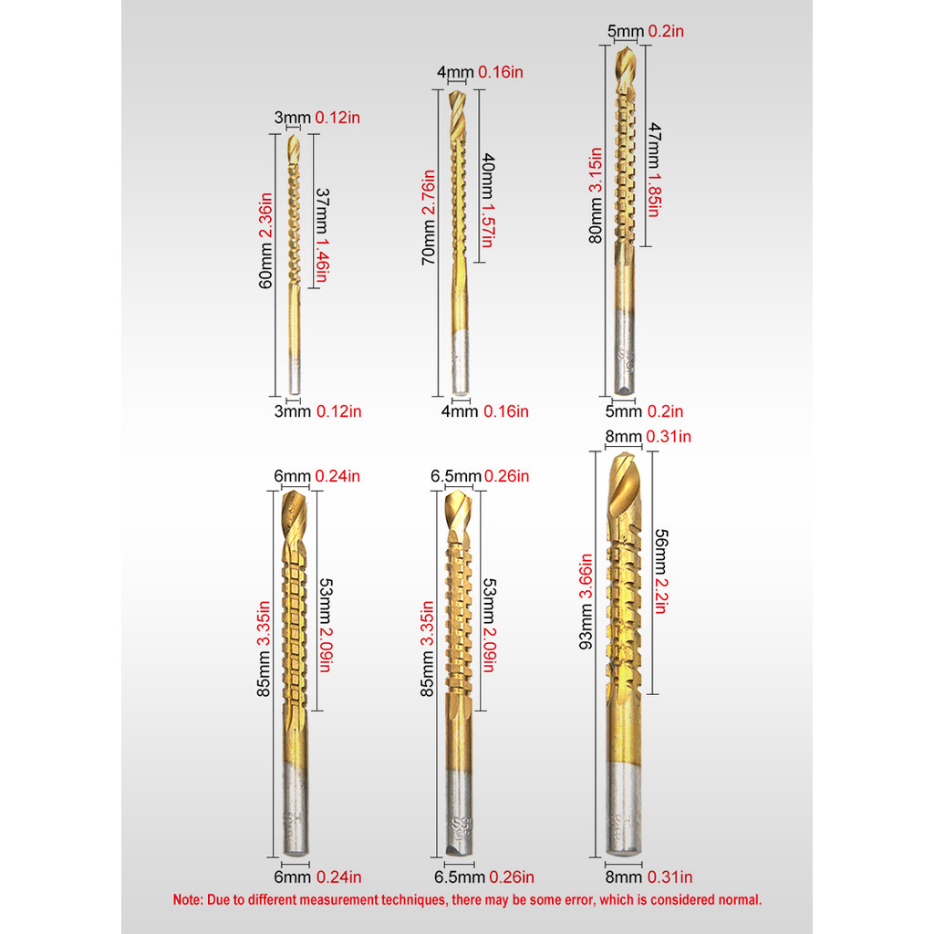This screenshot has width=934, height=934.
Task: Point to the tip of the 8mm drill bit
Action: point(623,455)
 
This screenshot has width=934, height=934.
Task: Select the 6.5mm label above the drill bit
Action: point(455,476)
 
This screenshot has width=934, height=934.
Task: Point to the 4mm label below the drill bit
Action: point(459,411)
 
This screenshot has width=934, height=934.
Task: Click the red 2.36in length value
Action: point(265,214)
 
